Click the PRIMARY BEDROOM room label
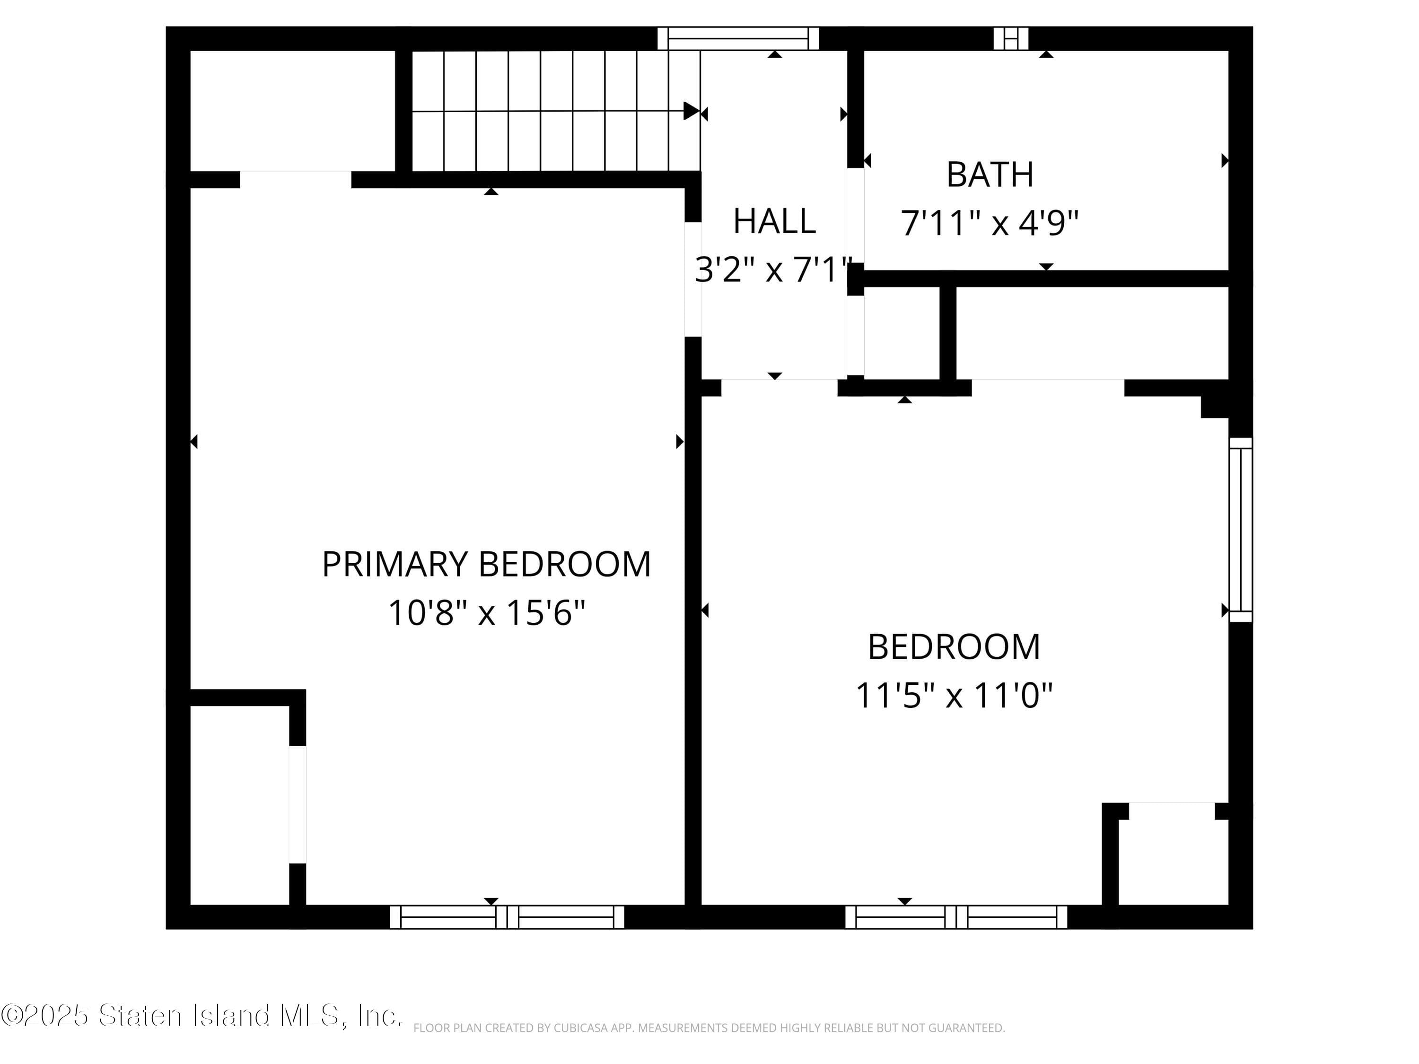[486, 564]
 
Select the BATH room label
[990, 174]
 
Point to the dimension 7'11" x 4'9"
[990, 223]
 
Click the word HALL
[774, 221]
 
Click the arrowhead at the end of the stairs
[692, 111]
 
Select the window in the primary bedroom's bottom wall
[507, 917]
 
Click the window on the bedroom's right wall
[1241, 530]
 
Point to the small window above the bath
[1011, 38]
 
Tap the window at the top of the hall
[738, 38]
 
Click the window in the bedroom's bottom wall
[956, 917]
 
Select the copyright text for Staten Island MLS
[201, 1015]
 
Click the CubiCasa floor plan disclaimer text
[709, 1028]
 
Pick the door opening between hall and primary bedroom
[693, 279]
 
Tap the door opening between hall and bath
[856, 216]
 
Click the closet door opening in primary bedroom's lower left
[297, 804]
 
